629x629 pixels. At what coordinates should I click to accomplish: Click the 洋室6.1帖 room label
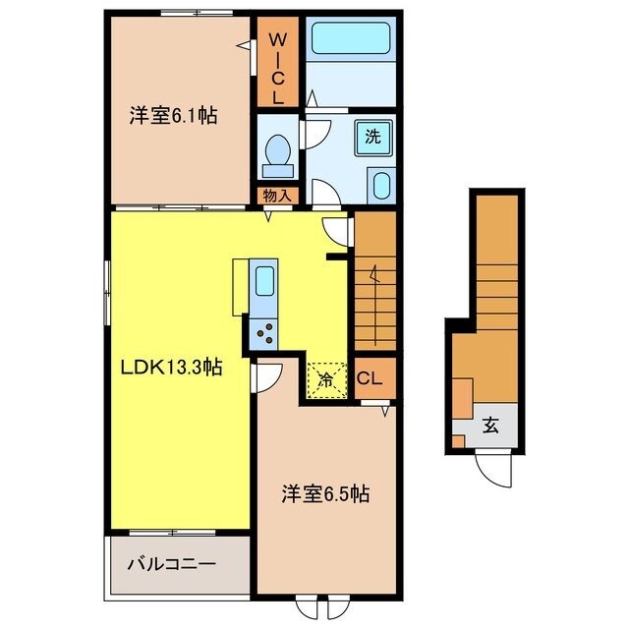pos(173,116)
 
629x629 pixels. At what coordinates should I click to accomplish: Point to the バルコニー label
pos(172,565)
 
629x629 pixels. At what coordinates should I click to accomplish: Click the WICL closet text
pos(277,67)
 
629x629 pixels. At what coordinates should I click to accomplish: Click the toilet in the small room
pos(277,152)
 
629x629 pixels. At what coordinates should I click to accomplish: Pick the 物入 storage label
pos(277,196)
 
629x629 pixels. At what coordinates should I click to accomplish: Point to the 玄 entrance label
pos(488,427)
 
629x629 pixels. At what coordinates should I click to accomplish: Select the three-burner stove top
pos(265,334)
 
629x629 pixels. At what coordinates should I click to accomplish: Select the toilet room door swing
pos(317,134)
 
